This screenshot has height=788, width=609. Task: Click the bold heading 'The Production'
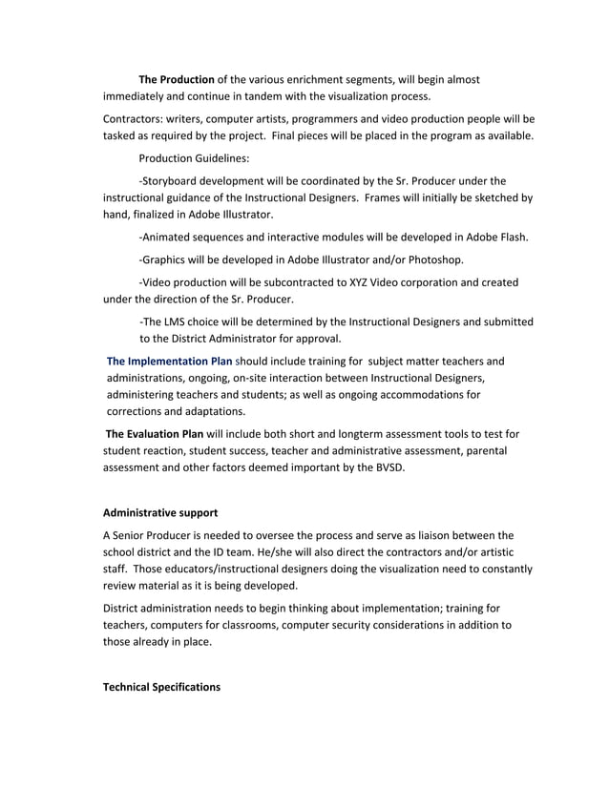click(x=177, y=78)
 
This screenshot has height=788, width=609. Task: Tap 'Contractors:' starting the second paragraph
click(x=134, y=119)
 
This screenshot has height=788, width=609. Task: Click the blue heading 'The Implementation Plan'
click(x=169, y=362)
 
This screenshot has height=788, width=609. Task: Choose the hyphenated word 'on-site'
click(x=252, y=378)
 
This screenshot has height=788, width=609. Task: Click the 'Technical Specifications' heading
click(x=161, y=687)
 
